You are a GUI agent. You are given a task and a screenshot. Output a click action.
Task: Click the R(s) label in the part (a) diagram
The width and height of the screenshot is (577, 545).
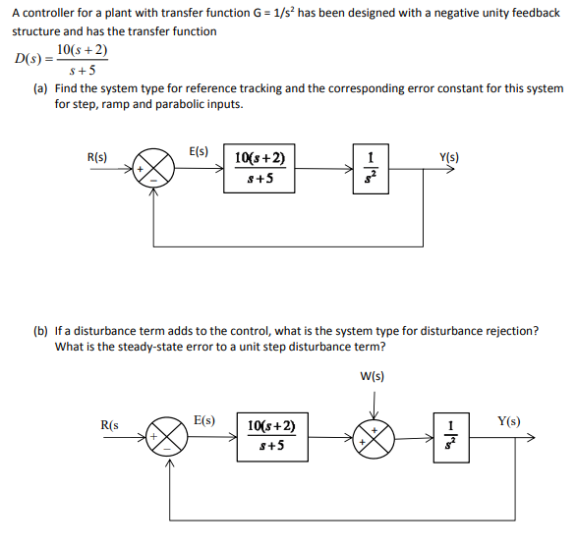point(97,157)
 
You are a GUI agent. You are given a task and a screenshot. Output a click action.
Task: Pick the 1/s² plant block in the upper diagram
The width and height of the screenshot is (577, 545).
point(370,168)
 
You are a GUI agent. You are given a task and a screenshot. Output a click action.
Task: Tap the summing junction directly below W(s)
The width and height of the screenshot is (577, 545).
point(375,438)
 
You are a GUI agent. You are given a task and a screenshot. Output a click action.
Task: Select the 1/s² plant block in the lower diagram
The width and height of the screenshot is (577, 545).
point(451,438)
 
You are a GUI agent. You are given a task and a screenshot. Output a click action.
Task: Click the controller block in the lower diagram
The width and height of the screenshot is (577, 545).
point(268,438)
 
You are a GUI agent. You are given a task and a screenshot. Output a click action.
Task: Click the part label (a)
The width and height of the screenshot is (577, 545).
point(41,88)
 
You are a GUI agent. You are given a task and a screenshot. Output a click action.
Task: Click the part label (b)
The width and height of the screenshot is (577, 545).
point(41,331)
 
